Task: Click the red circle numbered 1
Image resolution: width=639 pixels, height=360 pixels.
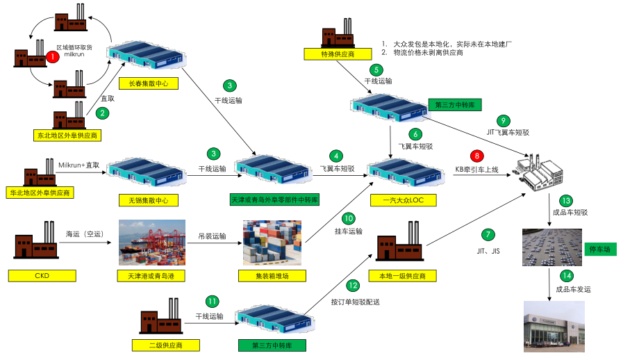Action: pos(53,57)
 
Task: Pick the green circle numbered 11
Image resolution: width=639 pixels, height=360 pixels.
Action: pos(212,302)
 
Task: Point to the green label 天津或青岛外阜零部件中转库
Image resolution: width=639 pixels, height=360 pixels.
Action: pos(274,200)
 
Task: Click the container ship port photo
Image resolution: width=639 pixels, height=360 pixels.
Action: pos(151,243)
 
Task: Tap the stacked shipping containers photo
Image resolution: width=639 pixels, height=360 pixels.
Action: pos(272,243)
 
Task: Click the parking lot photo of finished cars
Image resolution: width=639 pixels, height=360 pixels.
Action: pos(551,247)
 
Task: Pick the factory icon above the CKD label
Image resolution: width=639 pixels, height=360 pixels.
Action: pos(39,242)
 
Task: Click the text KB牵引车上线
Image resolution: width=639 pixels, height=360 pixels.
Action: pos(476,169)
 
